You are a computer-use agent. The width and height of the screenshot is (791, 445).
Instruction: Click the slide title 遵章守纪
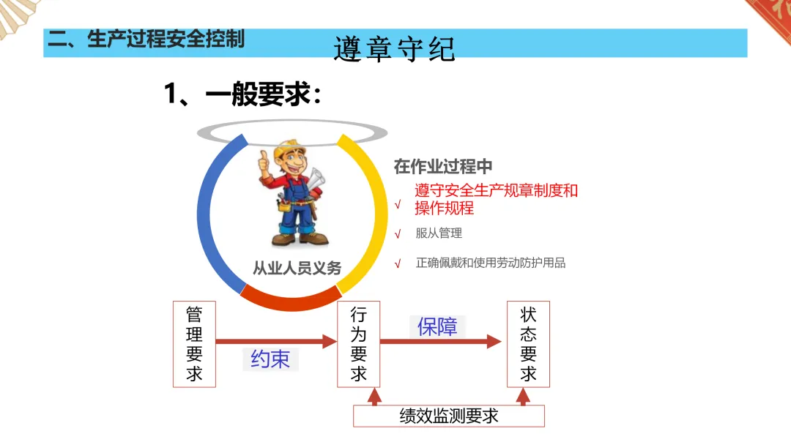click(394, 49)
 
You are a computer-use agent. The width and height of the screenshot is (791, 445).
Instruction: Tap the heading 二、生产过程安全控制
click(146, 39)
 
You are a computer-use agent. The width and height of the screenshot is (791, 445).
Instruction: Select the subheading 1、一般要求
click(242, 94)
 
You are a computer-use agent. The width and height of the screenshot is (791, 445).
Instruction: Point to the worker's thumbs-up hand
click(264, 163)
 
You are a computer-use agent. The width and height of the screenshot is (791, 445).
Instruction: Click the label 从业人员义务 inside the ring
click(297, 269)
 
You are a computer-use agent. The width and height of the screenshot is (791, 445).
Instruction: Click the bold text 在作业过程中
click(443, 166)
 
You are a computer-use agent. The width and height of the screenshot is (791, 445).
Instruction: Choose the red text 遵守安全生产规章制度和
click(496, 190)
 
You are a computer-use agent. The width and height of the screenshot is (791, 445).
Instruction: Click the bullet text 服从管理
click(439, 233)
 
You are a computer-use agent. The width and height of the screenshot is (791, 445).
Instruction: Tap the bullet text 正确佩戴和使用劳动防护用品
click(491, 263)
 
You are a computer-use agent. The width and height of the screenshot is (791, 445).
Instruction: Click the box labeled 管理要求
click(194, 344)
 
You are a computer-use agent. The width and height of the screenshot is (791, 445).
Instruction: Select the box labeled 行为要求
click(358, 344)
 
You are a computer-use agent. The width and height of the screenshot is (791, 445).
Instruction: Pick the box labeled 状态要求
click(528, 344)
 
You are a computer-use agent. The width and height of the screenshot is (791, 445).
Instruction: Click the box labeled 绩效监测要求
click(449, 416)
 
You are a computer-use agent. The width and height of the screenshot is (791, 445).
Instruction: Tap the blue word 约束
click(270, 359)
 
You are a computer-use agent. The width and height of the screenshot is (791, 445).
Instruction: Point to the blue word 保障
click(437, 326)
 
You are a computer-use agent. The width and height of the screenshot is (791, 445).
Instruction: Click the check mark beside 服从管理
click(398, 234)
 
